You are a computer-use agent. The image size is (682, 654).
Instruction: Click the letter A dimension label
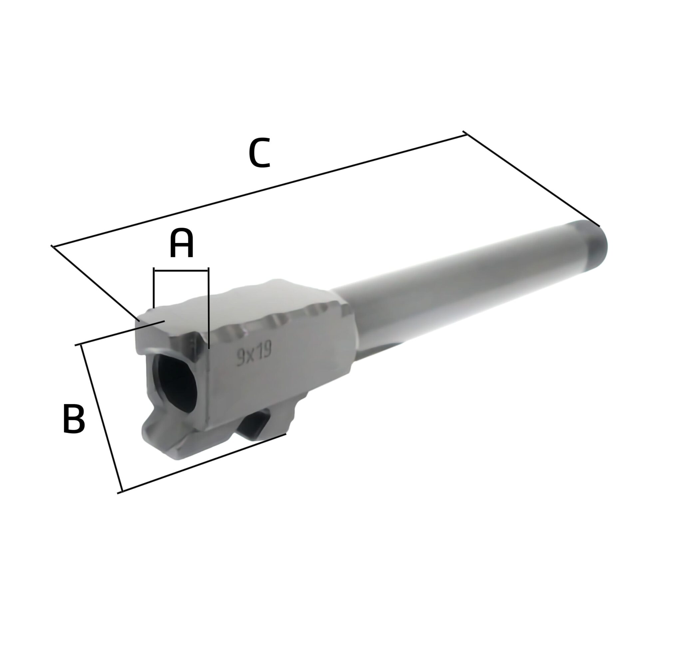point(181,244)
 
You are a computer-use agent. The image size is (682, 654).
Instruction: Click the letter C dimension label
point(259,153)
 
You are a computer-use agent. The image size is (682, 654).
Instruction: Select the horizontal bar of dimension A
point(181,270)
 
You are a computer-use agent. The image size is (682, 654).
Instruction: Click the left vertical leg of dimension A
point(154,289)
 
